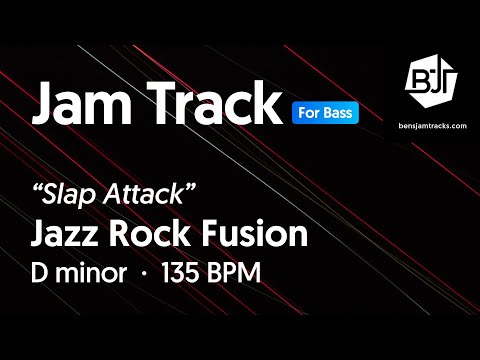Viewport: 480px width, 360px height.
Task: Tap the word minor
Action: tap(96, 273)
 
